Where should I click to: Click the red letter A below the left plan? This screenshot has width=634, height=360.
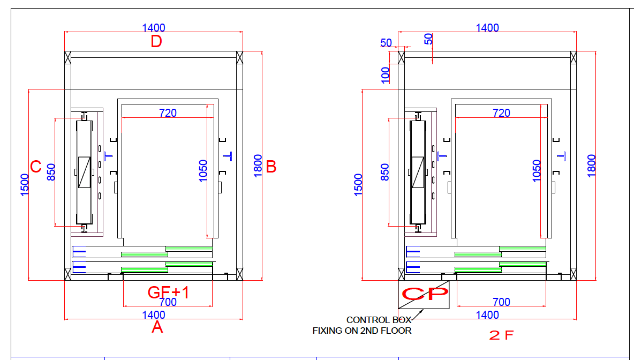click(x=157, y=327)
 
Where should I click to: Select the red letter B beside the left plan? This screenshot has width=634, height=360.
click(x=271, y=167)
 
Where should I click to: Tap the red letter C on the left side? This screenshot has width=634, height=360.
click(x=36, y=167)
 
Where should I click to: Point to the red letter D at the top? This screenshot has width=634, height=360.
click(x=156, y=41)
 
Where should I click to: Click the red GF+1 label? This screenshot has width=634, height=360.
click(x=168, y=292)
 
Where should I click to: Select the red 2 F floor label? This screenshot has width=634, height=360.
click(x=501, y=336)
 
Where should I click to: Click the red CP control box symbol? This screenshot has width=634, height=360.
click(x=425, y=294)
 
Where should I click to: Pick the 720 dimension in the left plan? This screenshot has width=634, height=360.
click(x=168, y=113)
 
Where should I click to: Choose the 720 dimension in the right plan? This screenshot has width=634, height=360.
click(x=501, y=113)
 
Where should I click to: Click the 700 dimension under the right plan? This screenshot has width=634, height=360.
click(x=501, y=302)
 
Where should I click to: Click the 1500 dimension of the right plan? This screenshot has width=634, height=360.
click(x=359, y=185)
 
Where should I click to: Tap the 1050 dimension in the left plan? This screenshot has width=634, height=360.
click(x=203, y=171)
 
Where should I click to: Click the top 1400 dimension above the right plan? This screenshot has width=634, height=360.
click(x=487, y=28)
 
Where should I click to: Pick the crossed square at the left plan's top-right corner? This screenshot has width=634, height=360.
click(x=239, y=57)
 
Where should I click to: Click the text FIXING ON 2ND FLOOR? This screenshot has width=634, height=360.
click(x=362, y=331)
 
